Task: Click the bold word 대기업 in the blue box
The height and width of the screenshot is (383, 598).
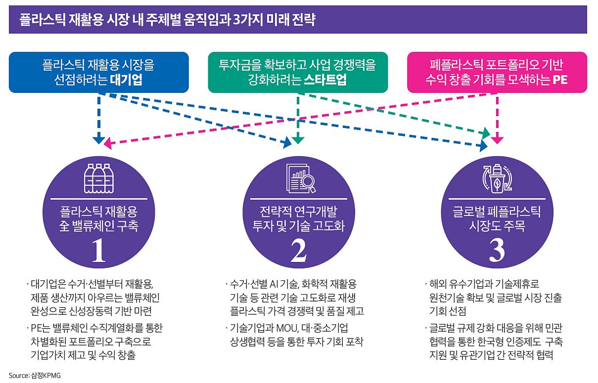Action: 127,81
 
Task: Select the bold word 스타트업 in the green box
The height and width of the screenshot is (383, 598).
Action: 324,81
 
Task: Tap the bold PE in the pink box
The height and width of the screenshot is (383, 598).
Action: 559,81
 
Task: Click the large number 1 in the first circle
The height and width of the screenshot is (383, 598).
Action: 99,252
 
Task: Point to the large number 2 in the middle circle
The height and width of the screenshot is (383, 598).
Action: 298,252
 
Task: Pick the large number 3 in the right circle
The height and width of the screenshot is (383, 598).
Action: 497,252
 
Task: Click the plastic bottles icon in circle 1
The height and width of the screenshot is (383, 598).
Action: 99,178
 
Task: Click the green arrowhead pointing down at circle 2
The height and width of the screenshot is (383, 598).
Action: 297,140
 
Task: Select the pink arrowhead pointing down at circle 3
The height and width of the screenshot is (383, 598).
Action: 497,140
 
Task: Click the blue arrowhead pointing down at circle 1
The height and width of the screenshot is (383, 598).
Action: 99,140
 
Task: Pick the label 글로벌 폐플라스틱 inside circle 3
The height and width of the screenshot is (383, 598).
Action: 497,212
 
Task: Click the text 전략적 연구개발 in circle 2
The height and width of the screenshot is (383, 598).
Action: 298,212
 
